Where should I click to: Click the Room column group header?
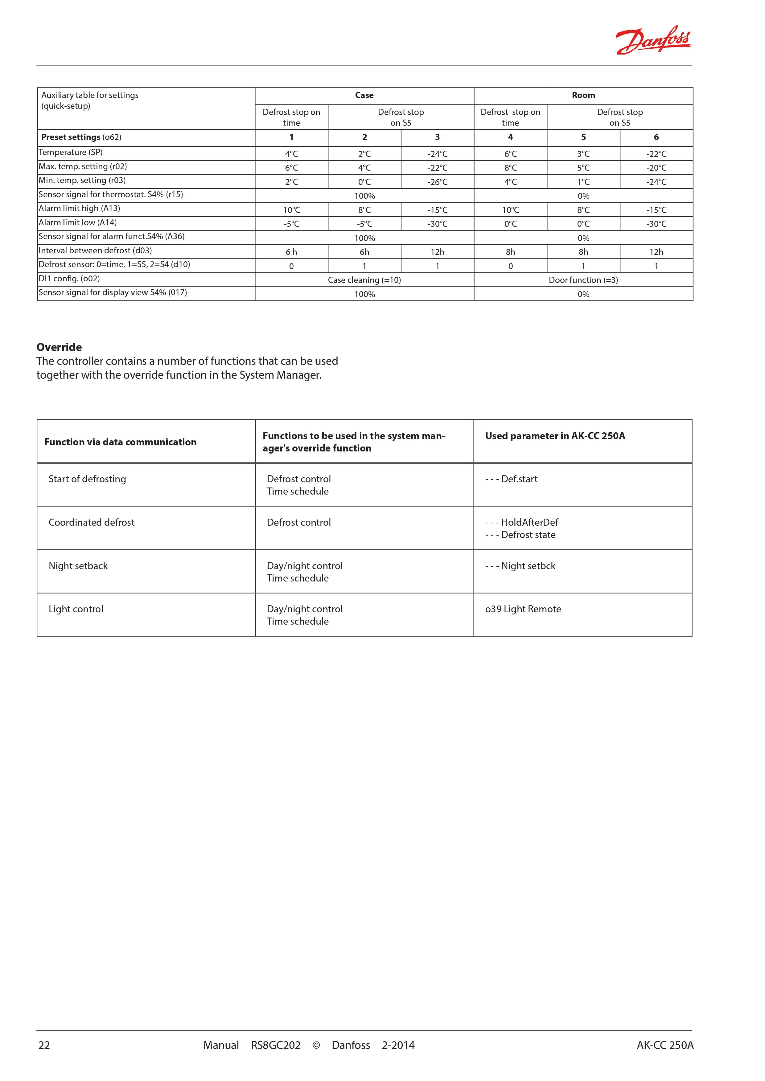(x=583, y=95)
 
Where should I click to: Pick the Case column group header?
(x=364, y=95)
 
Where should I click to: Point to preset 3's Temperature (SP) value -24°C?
(x=437, y=154)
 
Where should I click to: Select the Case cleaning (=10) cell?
(x=364, y=280)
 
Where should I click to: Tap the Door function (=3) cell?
(x=583, y=280)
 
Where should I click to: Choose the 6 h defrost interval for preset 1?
(x=291, y=252)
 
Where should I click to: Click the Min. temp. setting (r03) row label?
(x=82, y=180)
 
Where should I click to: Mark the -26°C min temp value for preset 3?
(x=437, y=182)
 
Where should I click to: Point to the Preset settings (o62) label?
(x=81, y=137)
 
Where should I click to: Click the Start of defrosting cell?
(x=87, y=479)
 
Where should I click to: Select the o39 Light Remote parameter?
(x=523, y=609)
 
